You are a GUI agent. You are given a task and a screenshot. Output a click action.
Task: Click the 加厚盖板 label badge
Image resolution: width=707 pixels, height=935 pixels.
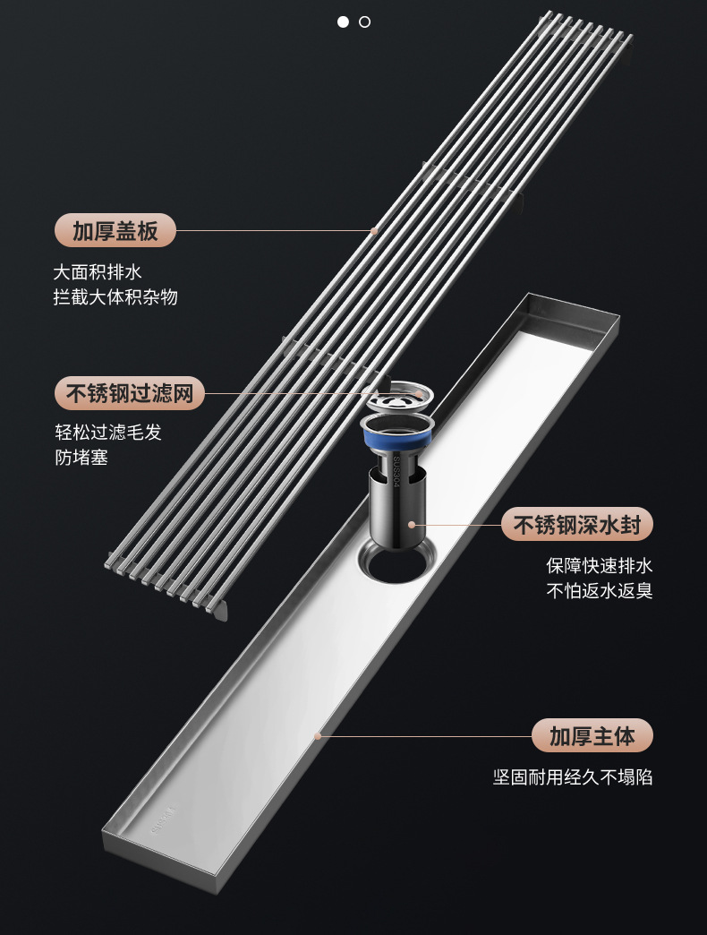point(115,231)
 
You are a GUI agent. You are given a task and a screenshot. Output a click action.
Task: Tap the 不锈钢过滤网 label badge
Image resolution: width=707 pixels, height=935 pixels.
point(130,393)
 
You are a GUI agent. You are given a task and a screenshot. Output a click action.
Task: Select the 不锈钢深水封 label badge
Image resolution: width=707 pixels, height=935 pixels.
point(576,524)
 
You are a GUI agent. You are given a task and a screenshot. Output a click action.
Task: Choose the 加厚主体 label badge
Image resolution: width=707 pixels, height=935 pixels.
point(592,735)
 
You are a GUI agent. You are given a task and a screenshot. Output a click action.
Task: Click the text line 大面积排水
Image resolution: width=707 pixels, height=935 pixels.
point(98,271)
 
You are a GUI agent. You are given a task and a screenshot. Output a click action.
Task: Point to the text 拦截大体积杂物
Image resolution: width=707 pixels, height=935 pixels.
point(115,296)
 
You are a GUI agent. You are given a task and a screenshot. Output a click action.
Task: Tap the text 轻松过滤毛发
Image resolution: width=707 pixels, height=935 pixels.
point(108,433)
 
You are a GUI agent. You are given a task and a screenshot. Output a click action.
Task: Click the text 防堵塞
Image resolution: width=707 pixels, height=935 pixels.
point(81,458)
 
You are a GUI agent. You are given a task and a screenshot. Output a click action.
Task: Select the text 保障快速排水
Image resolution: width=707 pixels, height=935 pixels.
point(599,566)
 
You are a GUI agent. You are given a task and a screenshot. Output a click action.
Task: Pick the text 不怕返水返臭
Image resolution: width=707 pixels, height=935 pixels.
point(599,591)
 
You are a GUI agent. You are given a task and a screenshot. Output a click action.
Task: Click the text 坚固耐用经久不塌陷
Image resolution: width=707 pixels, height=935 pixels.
point(573,776)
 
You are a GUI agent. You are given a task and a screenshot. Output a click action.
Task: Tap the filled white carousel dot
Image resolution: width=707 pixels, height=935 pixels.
point(343,21)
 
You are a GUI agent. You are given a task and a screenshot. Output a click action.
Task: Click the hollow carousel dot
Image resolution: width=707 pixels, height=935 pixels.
point(364,21)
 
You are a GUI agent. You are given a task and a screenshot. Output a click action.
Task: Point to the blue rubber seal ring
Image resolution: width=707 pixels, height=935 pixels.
point(397,439)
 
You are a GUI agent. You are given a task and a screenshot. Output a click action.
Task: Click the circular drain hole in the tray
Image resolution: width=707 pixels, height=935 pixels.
point(394,564)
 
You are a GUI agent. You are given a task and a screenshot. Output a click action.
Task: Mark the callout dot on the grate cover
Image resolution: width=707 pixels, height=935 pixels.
point(374,231)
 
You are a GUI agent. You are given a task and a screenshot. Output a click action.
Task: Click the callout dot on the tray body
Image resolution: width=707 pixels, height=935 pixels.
point(317,736)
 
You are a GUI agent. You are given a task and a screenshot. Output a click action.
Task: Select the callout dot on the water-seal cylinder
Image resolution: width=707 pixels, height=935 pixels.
point(411,524)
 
